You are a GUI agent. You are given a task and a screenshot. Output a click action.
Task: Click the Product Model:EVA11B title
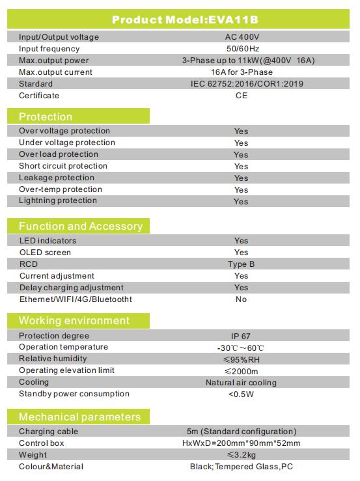click(x=185, y=20)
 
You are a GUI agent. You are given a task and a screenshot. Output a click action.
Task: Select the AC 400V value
click(x=242, y=37)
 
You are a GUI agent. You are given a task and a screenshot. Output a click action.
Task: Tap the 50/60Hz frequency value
click(x=243, y=49)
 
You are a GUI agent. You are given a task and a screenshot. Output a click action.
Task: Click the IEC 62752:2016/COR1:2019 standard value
click(x=247, y=84)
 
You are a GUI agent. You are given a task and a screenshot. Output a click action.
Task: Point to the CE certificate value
click(x=242, y=96)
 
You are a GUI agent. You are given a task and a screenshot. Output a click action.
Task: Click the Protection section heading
click(x=46, y=117)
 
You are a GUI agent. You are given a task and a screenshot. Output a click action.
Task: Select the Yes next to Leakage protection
click(x=242, y=178)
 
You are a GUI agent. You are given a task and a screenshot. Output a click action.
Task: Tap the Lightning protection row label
click(x=58, y=200)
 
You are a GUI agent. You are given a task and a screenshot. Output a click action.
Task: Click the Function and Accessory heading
click(x=81, y=226)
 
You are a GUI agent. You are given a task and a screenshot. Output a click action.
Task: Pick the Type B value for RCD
click(x=242, y=264)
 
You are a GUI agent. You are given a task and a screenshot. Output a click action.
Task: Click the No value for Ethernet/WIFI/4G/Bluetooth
click(x=242, y=299)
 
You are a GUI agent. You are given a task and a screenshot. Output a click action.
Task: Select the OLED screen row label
click(x=45, y=253)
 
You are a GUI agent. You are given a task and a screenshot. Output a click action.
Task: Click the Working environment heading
click(x=74, y=321)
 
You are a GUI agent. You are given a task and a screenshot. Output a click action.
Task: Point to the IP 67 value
click(x=241, y=337)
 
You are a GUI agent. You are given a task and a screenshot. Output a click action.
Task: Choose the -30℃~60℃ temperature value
click(x=240, y=348)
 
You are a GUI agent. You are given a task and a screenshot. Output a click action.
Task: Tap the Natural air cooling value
click(x=241, y=383)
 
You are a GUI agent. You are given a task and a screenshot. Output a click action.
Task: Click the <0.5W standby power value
click(x=241, y=394)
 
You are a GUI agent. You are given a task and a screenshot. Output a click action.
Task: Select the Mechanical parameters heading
click(x=80, y=417)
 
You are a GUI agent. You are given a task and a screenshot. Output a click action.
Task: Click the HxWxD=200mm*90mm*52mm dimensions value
click(x=242, y=443)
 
